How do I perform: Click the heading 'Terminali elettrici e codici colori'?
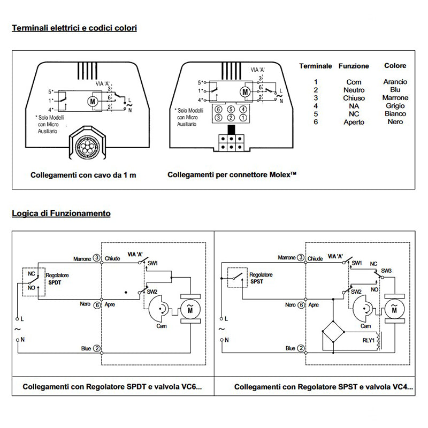click(x=74, y=27)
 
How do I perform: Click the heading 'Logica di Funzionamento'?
click(x=61, y=213)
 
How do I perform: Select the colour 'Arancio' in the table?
click(x=395, y=82)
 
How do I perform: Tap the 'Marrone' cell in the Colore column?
click(x=395, y=98)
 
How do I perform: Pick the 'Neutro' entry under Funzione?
click(x=354, y=90)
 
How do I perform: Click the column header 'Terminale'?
click(x=315, y=66)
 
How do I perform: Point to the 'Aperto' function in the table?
click(x=354, y=122)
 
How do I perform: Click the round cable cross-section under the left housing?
click(x=86, y=146)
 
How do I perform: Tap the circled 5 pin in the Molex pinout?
click(x=230, y=109)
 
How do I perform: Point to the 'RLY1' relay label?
click(x=369, y=340)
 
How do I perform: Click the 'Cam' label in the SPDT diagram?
click(x=159, y=325)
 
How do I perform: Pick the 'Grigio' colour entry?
click(x=395, y=106)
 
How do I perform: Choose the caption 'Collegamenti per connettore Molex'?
click(x=232, y=175)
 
